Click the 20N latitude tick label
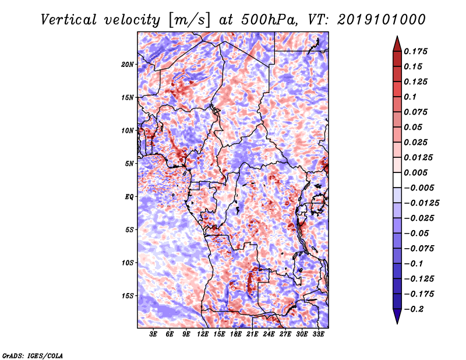(x=127, y=64)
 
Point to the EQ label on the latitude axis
(x=129, y=196)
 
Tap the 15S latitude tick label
(x=128, y=296)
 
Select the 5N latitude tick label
(x=129, y=164)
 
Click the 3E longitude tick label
(x=153, y=334)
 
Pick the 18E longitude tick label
(x=236, y=334)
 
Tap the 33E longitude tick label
(x=318, y=334)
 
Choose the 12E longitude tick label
(x=203, y=334)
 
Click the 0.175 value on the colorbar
(x=415, y=51)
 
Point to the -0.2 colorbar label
(x=414, y=309)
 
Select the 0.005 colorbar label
(x=415, y=172)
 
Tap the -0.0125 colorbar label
(x=421, y=203)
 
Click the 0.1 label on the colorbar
(x=410, y=97)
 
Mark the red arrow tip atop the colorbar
(x=397, y=36)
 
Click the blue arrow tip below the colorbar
(x=397, y=323)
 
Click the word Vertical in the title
(x=69, y=20)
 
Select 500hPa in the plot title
(x=269, y=20)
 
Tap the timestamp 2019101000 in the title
(x=382, y=20)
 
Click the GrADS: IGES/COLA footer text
(x=33, y=355)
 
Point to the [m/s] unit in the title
(x=189, y=20)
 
